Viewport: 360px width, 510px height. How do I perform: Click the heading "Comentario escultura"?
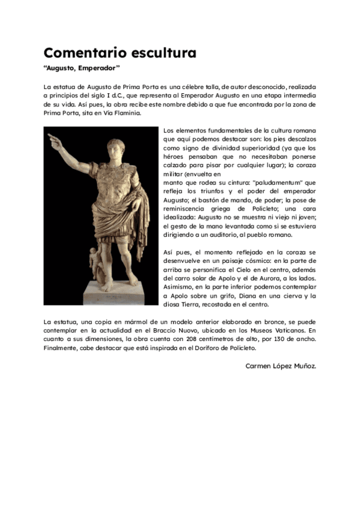tap(120, 52)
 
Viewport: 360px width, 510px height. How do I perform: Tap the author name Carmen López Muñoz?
tap(281, 366)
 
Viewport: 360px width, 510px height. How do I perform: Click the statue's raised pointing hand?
tap(55, 140)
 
